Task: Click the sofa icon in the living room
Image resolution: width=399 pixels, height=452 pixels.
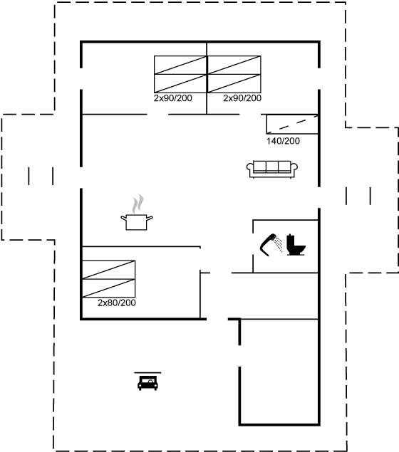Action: tap(272, 169)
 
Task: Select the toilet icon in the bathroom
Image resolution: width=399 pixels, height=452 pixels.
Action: tap(296, 246)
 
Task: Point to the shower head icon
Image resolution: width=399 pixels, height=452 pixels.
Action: tap(268, 244)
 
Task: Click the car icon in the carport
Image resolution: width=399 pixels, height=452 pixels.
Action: tap(147, 383)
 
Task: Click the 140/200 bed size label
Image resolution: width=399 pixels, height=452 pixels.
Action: tap(283, 141)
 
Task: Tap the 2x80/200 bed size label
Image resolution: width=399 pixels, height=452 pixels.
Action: tap(117, 303)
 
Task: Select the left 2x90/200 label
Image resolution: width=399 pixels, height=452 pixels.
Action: tap(173, 98)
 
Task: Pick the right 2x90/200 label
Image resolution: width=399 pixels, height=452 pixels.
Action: tap(242, 98)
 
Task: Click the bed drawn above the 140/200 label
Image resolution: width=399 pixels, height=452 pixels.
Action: tap(292, 125)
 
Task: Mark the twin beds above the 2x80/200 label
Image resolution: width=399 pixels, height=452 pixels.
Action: tap(109, 279)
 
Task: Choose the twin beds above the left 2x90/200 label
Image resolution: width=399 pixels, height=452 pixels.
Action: tap(180, 74)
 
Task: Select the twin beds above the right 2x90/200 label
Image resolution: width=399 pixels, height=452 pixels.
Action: tap(234, 74)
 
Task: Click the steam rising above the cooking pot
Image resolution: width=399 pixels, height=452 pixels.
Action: tap(138, 204)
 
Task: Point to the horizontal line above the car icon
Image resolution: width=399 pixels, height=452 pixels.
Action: tap(147, 373)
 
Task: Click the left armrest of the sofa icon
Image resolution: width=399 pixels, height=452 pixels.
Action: tap(250, 169)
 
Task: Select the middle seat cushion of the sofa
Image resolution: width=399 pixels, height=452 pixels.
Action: tap(272, 167)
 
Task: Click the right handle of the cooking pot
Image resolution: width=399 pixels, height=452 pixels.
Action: tap(150, 219)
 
